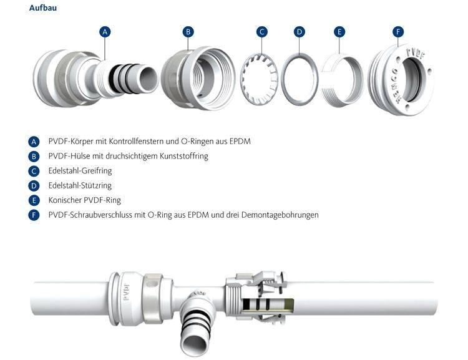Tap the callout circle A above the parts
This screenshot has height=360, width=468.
105,31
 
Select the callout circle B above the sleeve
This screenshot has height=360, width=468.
188,31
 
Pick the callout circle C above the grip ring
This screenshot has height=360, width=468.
262,31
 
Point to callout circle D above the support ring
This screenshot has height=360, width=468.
300,31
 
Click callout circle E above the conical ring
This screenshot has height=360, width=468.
339,31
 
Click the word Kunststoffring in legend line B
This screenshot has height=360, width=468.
182,156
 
